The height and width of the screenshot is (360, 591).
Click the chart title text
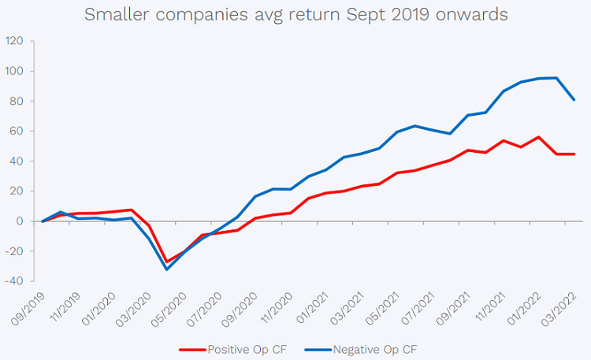(x=295, y=15)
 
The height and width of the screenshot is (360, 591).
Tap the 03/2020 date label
(x=117, y=307)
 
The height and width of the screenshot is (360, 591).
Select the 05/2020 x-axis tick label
(x=162, y=307)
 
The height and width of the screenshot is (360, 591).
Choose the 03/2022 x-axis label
(x=563, y=307)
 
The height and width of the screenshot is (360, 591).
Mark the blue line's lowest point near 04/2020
(x=166, y=269)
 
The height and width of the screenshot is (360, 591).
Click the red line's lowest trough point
(x=166, y=262)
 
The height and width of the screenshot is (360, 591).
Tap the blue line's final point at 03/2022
(x=574, y=100)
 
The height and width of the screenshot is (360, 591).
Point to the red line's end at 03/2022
(x=574, y=154)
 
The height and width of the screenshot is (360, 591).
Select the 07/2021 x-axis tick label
(x=429, y=307)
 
